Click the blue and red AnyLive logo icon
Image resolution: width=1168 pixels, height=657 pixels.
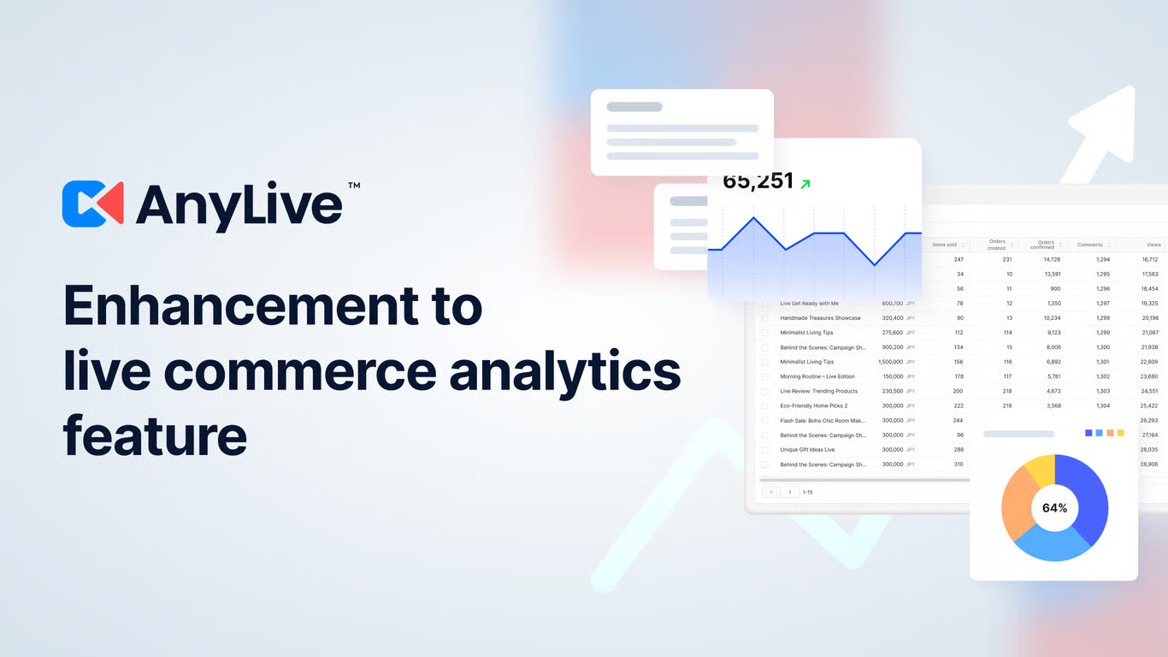coord(92,204)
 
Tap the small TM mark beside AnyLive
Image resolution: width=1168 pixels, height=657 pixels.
coord(353,185)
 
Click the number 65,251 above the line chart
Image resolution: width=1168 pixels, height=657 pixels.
coord(758,182)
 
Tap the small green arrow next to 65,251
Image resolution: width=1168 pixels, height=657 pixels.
coord(805,183)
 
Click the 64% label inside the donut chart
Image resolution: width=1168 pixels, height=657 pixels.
coord(1054,508)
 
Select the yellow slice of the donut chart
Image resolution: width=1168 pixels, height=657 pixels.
coord(1039,471)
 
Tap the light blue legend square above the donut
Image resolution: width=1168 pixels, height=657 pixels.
coord(1099,433)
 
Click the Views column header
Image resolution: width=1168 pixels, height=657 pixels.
coord(1153,245)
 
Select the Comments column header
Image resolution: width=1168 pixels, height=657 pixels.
coord(1089,245)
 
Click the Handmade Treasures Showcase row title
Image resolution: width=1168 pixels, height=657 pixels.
coord(820,318)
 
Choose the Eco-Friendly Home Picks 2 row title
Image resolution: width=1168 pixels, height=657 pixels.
coord(813,405)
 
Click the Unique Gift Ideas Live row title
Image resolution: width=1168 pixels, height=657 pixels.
coord(807,450)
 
